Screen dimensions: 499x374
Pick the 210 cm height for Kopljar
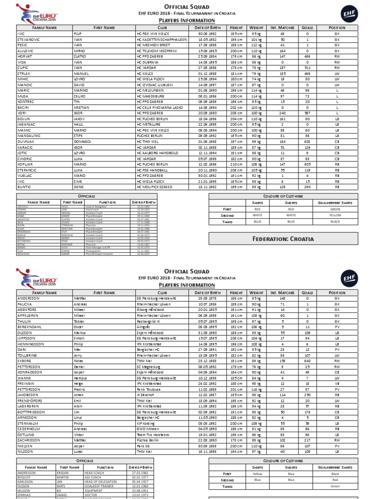tap(236, 164)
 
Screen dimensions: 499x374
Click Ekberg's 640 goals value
tap(307, 361)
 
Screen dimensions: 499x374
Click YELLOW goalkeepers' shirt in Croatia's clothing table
tap(335, 214)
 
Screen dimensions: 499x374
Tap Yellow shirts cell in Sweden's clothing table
tap(257, 474)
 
